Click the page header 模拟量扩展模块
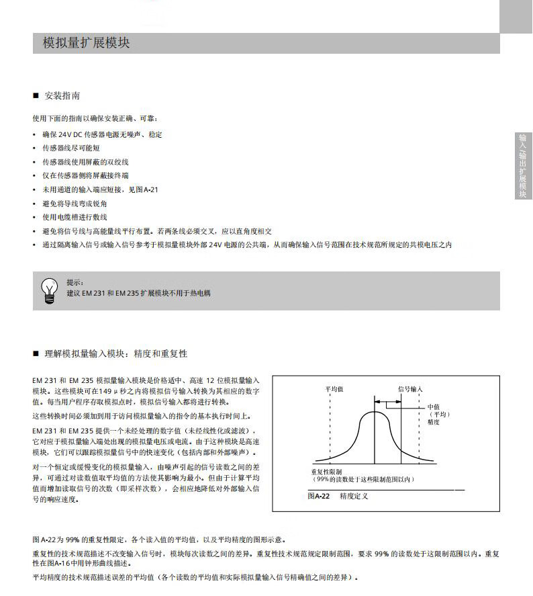coord(86,44)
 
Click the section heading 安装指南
coord(62,96)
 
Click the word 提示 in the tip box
coord(75,283)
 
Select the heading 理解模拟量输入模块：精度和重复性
coord(115,353)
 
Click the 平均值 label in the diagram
coord(334,389)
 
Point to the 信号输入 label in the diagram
coord(411,389)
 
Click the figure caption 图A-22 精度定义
coord(338,497)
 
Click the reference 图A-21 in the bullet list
coord(146,190)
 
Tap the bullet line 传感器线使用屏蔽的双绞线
coord(85,163)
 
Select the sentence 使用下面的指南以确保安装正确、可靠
coord(95,118)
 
